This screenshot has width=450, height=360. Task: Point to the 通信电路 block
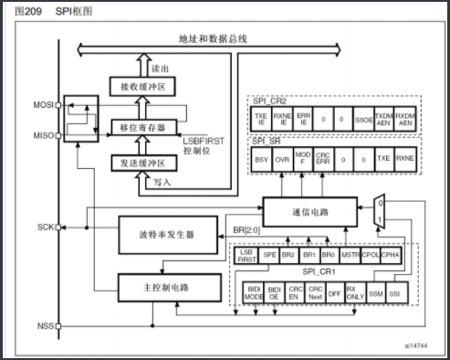pyautogui.click(x=311, y=212)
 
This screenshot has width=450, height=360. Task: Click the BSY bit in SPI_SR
pyautogui.click(x=261, y=159)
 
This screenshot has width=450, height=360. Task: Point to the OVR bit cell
pyautogui.click(x=283, y=159)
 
